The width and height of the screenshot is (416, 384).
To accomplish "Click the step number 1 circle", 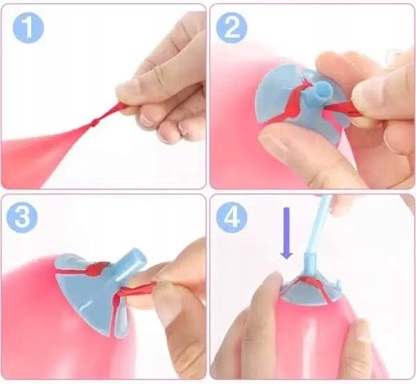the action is (28, 27).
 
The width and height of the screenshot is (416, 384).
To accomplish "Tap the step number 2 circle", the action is (232, 28).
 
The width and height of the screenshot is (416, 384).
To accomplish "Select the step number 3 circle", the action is (22, 217).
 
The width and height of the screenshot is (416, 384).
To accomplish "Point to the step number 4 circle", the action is (232, 217).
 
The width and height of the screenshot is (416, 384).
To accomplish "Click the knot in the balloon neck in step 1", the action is (94, 122).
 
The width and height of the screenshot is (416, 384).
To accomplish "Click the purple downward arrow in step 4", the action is (286, 233).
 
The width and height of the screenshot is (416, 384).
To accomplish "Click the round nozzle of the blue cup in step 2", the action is (322, 91).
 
